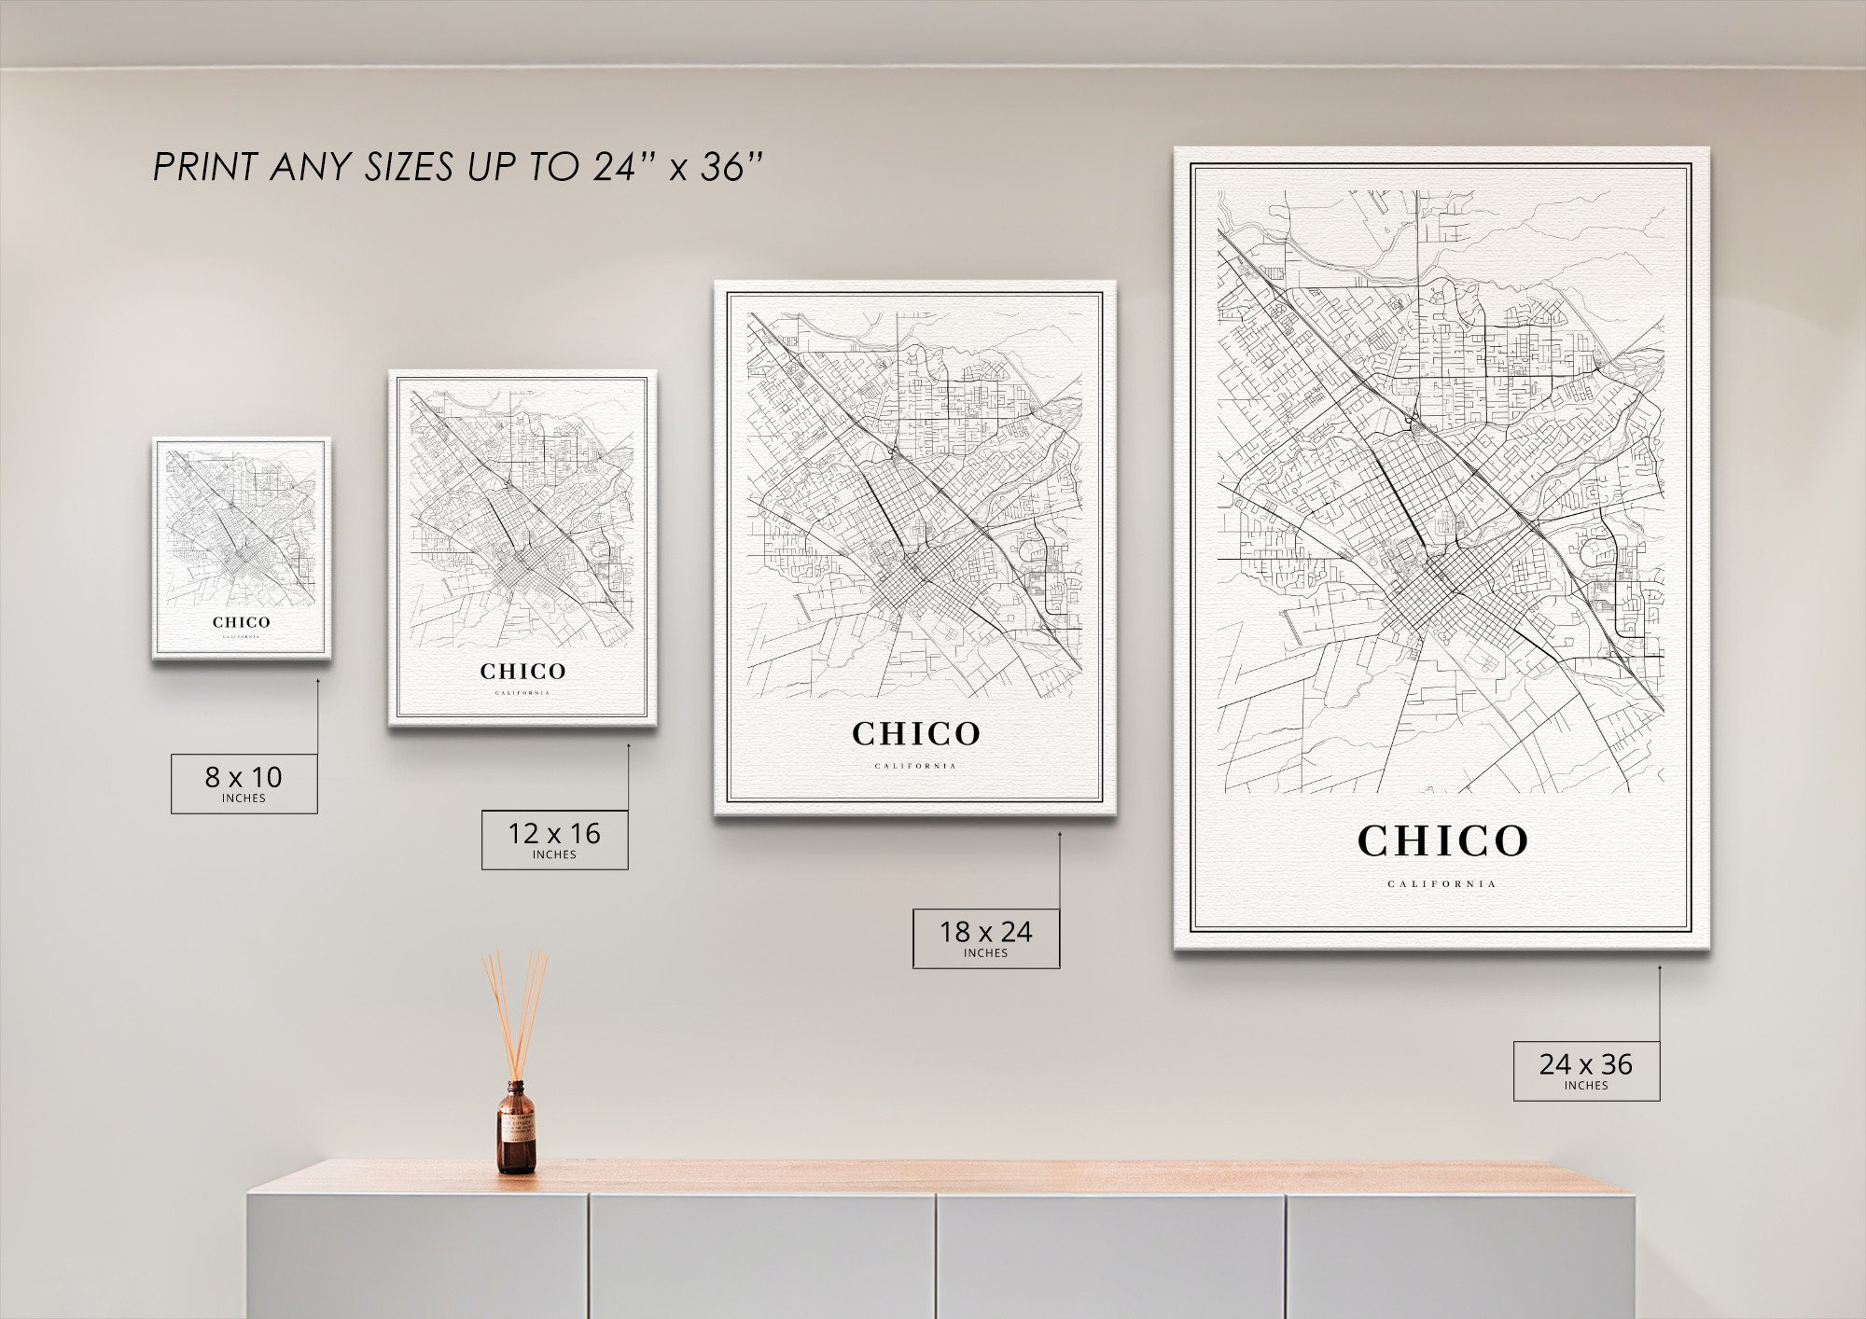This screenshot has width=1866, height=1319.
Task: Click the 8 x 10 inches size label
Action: (244, 783)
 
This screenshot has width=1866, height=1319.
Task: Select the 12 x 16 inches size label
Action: (554, 839)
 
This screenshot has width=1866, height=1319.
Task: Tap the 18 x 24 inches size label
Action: (985, 937)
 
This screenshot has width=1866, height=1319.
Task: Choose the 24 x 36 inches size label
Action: (1586, 1070)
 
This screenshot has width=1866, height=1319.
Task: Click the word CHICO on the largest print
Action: (1442, 840)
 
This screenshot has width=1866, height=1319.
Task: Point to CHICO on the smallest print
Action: (241, 622)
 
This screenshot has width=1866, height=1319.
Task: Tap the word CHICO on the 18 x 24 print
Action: (915, 734)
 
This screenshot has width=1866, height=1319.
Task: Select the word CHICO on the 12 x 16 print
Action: (522, 671)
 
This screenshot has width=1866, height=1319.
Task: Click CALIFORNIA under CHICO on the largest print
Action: (1442, 883)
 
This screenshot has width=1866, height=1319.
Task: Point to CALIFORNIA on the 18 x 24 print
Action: (915, 766)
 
